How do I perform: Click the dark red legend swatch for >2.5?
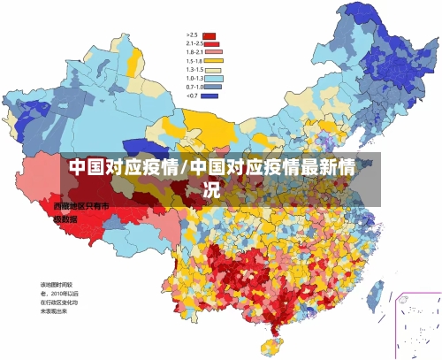click(210, 36)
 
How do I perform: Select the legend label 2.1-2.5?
click(194, 43)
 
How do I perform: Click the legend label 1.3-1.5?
click(194, 69)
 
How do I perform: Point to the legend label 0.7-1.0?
click(194, 87)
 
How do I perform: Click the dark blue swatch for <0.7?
click(210, 96)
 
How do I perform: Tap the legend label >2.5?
click(192, 35)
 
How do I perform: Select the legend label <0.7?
click(192, 96)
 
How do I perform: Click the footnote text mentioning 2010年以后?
click(58, 293)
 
